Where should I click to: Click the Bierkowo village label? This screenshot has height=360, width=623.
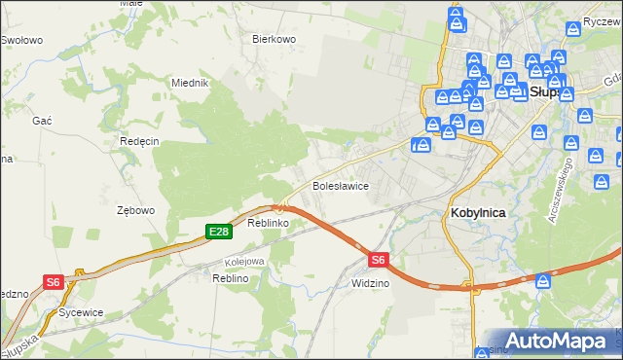pos(274,39)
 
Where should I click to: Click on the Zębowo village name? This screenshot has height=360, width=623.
pos(135,210)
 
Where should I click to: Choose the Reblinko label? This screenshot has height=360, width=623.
pos(267,224)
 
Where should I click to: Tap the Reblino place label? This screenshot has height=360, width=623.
pos(231,278)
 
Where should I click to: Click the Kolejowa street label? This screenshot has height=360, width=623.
pos(244,262)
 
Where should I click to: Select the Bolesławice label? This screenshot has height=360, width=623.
pos(339,185)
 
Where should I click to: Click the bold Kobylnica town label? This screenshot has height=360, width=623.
pos(483,212)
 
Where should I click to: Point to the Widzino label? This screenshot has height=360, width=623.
pos(370,283)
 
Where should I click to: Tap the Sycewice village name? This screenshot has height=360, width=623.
pos(81,313)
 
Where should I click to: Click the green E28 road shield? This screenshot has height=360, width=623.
pos(218,231)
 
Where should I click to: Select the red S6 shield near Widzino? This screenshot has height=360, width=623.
pos(379,260)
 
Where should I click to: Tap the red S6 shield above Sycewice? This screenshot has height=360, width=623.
pos(54,282)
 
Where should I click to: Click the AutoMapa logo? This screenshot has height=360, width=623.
pos(559,341)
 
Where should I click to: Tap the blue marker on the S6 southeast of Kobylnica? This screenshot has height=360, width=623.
pos(544,281)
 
